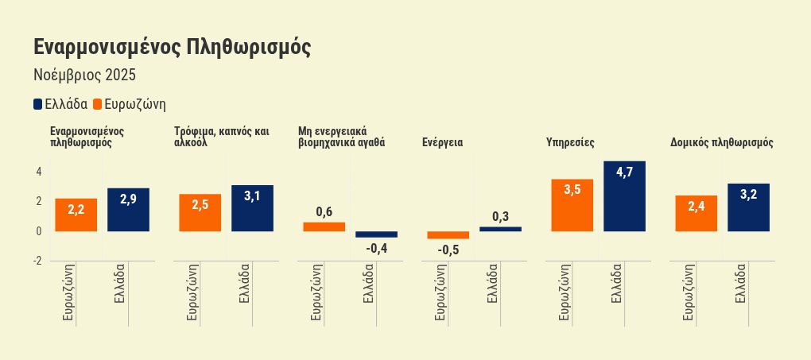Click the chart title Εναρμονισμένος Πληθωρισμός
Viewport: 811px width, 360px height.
(x=172, y=47)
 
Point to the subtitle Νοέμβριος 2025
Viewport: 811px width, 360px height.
(x=85, y=75)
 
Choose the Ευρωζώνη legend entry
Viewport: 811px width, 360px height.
(x=129, y=104)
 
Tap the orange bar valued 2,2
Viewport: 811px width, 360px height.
(x=76, y=215)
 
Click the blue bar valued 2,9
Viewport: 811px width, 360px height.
(x=128, y=210)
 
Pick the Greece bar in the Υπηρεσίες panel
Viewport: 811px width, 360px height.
(x=624, y=196)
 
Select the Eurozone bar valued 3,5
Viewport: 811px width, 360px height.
(x=572, y=205)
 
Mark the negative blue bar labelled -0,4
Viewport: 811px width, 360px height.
(x=376, y=234)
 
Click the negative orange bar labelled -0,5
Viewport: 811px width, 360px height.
(x=448, y=235)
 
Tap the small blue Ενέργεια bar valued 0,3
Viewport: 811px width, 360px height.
(x=500, y=229)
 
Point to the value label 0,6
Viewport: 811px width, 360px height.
(x=324, y=211)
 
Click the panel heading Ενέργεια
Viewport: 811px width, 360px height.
(x=443, y=143)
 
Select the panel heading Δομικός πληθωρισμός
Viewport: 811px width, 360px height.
(x=722, y=143)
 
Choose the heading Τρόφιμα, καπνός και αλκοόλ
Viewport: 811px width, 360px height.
(x=223, y=137)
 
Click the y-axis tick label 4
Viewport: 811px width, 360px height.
(x=38, y=171)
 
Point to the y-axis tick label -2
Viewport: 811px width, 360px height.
(x=37, y=261)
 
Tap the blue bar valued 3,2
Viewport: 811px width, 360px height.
(x=748, y=207)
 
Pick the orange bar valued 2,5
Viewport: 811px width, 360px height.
(x=200, y=213)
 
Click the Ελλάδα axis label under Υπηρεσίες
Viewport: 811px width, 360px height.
(x=615, y=285)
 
